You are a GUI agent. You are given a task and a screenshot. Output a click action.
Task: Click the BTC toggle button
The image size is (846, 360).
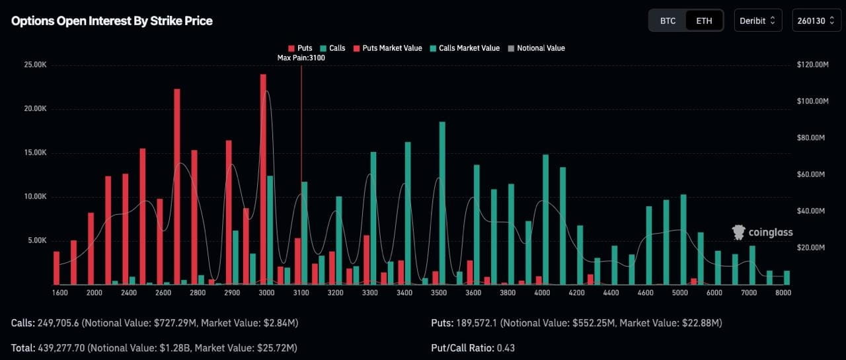click(668, 20)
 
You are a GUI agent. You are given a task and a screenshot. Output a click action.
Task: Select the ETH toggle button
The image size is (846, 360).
click(704, 20)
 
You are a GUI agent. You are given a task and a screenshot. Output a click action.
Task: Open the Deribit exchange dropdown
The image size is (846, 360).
click(757, 20)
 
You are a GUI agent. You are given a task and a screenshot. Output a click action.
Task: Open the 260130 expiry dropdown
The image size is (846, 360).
click(816, 20)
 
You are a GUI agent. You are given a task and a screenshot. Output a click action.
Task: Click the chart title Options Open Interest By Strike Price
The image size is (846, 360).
click(112, 20)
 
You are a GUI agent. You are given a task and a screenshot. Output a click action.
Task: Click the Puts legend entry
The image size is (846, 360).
click(301, 48)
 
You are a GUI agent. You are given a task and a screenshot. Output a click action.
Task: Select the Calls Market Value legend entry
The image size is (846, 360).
click(465, 48)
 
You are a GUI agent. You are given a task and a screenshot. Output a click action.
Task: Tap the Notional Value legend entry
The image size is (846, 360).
click(536, 48)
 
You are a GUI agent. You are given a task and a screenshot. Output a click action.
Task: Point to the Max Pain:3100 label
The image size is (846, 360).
click(301, 58)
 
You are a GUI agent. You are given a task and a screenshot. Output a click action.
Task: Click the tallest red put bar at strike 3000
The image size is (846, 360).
click(263, 178)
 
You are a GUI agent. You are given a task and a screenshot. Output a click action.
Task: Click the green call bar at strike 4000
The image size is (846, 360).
click(546, 218)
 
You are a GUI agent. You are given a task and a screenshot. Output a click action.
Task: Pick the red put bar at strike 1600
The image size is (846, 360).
click(57, 268)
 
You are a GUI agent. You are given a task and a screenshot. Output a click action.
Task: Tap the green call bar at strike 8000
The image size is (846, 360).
click(787, 277)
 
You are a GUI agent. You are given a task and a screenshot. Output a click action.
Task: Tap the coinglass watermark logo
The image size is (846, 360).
click(763, 233)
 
